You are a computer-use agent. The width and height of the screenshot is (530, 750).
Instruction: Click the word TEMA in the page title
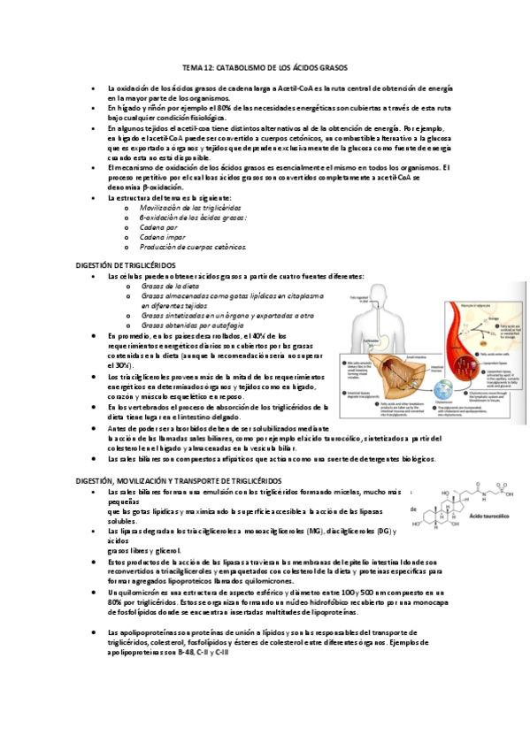tap(191, 67)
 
